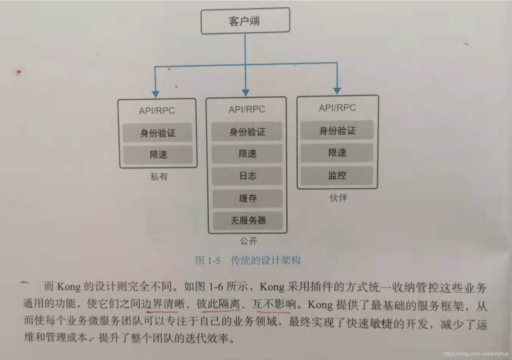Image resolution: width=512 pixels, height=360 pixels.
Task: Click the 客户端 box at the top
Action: (245, 21)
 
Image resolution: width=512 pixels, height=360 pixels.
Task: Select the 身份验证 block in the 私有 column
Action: (157, 133)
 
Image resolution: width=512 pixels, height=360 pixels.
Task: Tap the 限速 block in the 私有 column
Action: (158, 155)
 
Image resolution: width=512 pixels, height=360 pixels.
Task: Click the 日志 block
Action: (247, 176)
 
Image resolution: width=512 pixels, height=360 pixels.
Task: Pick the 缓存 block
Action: (247, 198)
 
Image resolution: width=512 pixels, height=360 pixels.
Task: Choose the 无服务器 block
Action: (248, 221)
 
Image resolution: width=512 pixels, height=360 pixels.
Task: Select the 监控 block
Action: (337, 175)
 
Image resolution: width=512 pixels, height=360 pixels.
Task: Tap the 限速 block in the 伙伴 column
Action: (337, 152)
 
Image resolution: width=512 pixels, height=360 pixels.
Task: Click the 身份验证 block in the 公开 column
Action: (247, 132)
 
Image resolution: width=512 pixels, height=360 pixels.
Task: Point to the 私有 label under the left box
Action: (159, 177)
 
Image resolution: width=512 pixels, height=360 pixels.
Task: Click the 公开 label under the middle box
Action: (248, 241)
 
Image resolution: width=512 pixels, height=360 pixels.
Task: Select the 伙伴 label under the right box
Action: (338, 198)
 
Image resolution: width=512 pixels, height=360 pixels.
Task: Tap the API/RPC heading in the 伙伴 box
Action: (337, 108)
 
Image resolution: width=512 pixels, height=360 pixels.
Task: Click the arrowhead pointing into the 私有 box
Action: (155, 94)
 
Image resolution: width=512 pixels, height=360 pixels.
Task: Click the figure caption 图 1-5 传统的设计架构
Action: (248, 260)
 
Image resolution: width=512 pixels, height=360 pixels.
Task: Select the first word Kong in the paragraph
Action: (69, 287)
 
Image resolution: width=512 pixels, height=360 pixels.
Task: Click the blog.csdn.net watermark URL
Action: (476, 354)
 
